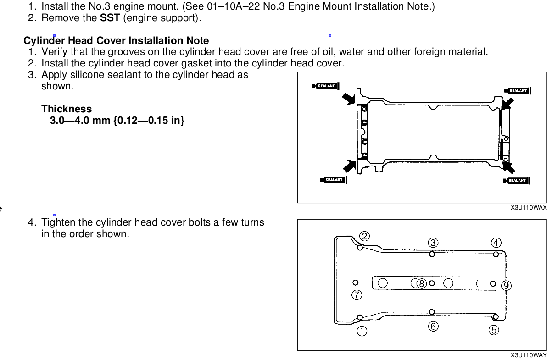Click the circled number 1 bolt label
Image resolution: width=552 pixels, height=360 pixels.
point(362,331)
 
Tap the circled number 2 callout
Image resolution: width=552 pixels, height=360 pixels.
point(364,236)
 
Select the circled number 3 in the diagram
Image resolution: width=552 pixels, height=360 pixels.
point(434,242)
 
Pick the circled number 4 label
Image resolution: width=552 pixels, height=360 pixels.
point(496,242)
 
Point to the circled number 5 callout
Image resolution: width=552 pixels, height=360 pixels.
point(494,330)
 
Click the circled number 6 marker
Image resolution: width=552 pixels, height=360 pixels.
point(433,326)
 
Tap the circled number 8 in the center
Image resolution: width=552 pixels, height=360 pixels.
point(421,283)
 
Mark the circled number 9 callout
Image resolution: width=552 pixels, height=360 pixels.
point(506,286)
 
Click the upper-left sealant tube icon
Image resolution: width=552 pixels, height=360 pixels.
point(325,86)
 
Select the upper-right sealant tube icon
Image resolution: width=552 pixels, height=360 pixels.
point(518,90)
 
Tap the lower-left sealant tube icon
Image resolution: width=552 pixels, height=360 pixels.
point(333,180)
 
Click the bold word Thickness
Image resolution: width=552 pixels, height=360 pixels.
point(67,109)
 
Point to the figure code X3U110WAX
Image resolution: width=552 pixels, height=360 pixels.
point(529,207)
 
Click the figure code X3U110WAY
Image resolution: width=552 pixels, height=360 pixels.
point(529,355)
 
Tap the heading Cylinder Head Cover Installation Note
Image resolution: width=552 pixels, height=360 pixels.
point(116,40)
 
